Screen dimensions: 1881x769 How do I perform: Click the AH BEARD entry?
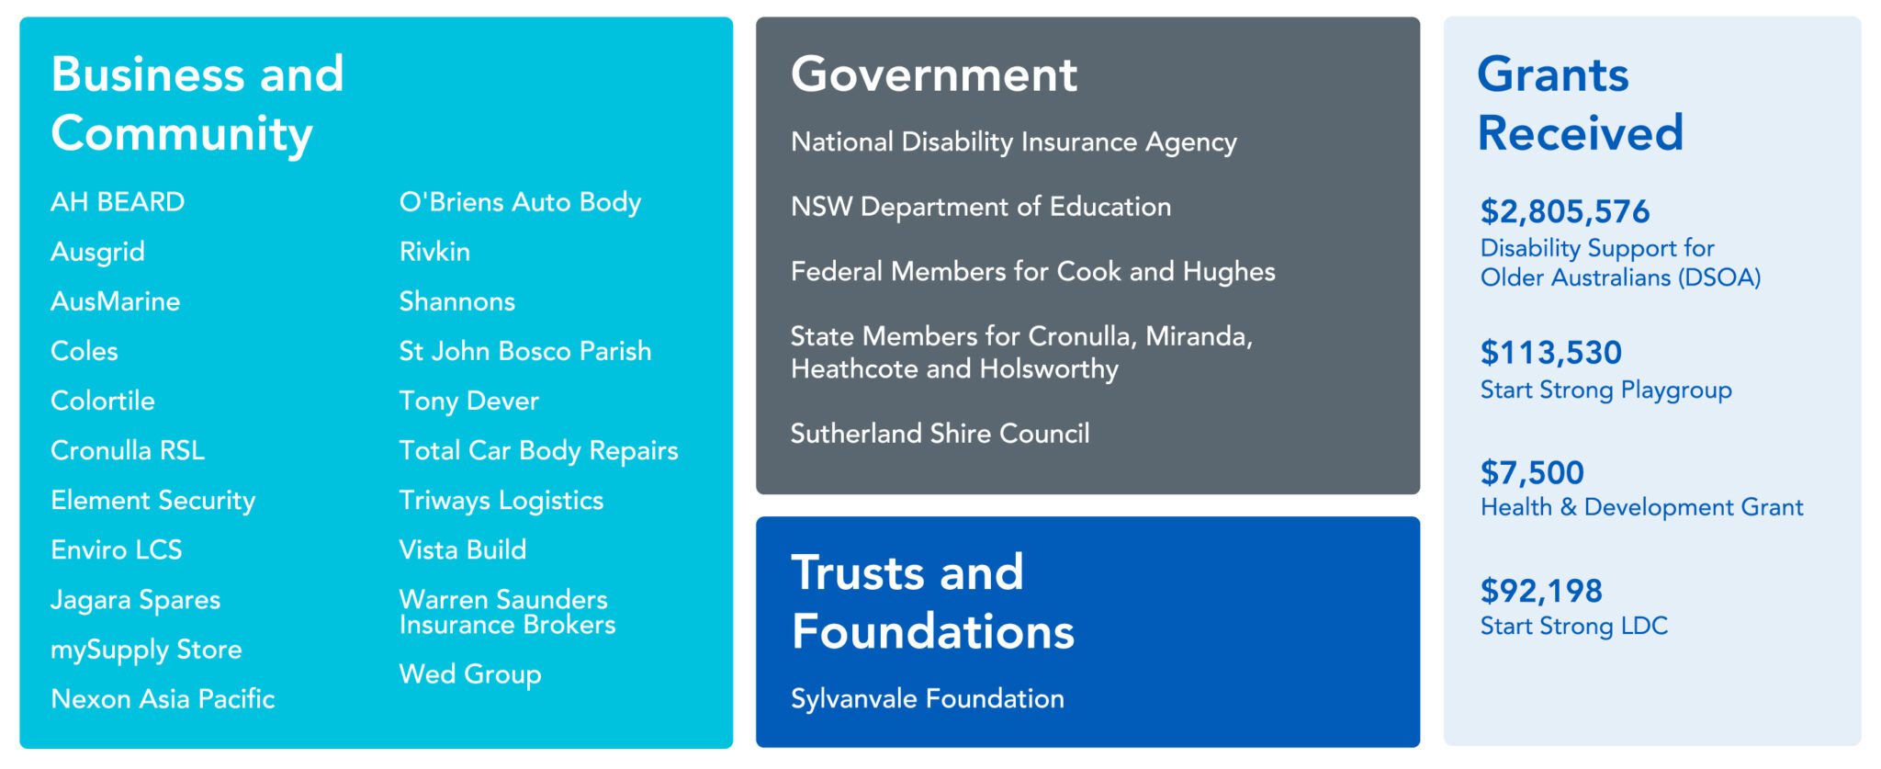coord(118,202)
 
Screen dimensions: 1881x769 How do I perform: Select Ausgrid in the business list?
coord(97,252)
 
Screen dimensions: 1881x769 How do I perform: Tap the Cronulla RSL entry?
coord(128,450)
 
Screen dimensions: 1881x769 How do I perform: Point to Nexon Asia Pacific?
coord(163,699)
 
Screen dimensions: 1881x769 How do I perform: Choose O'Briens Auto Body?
coord(520,203)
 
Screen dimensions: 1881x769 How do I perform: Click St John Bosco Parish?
coord(525,351)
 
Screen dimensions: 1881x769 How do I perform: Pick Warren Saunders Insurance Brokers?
coord(507,612)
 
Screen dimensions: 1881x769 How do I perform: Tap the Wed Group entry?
coord(470,674)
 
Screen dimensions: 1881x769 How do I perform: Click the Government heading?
coord(934,74)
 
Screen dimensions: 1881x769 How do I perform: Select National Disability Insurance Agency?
coord(1014,142)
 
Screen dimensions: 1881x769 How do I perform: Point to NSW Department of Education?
coord(981,208)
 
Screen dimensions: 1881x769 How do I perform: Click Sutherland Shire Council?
coord(940,434)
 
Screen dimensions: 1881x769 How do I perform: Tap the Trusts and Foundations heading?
coord(933,602)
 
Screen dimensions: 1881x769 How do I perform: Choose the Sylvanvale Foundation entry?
coord(928,699)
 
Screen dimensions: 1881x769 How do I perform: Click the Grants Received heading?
coord(1581,103)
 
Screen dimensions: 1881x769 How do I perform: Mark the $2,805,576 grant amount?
coord(1565,212)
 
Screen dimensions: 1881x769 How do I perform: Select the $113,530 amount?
coord(1551,353)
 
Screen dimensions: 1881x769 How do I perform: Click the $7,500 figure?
coord(1532,473)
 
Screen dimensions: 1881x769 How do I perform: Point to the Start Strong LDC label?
coord(1574,627)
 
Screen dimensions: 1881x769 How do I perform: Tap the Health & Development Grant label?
coord(1642,507)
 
